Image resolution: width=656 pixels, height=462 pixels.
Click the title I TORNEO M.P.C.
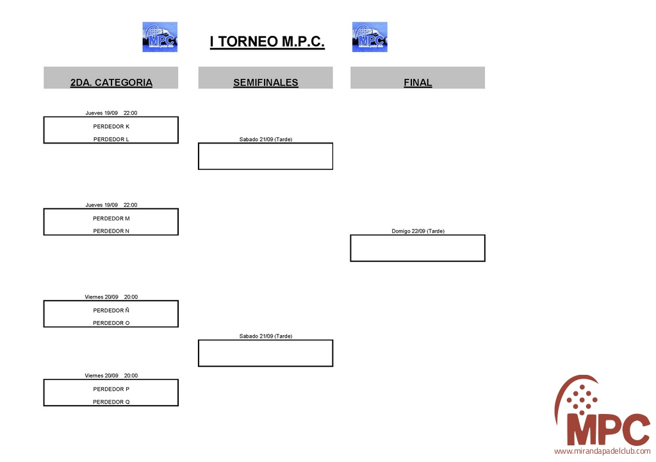pos(267,42)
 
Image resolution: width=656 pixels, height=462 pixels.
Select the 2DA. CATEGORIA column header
pos(111,83)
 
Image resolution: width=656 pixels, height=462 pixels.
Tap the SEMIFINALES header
pos(265,83)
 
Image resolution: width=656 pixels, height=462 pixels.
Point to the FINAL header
pos(418,83)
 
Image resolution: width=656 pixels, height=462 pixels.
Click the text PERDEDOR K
pos(111,126)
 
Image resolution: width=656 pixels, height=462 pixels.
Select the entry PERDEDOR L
pos(111,139)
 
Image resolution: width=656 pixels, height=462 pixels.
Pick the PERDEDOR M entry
pos(111,219)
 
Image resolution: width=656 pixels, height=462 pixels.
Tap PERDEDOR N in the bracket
pos(111,231)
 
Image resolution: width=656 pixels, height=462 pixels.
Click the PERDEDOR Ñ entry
pos(111,310)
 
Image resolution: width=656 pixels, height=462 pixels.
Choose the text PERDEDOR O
pos(111,323)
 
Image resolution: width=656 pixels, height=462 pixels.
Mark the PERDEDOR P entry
pos(111,389)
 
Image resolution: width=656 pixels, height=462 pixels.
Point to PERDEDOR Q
pos(111,402)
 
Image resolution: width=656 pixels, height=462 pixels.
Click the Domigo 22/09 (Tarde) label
pos(418,231)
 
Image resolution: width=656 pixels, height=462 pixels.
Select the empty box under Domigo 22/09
pos(418,248)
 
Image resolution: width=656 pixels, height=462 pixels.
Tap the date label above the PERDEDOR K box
pos(111,113)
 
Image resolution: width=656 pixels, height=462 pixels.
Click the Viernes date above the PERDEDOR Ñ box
pos(111,297)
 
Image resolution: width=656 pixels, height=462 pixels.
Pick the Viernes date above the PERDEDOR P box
pos(111,375)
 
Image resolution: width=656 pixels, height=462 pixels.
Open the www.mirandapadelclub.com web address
pos(602,452)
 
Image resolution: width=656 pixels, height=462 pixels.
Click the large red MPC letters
pos(608,429)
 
